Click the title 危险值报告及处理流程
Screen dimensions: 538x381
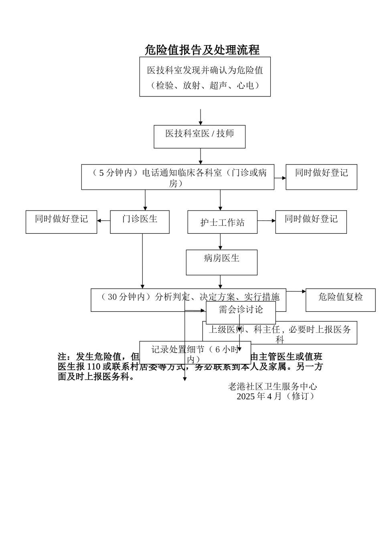coord(202,50)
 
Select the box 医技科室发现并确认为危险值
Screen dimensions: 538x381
coord(205,76)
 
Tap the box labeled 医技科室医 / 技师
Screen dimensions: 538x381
coord(199,137)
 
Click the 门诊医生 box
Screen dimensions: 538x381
coord(140,222)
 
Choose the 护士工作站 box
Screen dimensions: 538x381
coord(222,222)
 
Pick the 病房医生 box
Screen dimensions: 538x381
coord(221,262)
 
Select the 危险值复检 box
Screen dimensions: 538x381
coord(340,299)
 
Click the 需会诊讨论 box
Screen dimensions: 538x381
coord(241,312)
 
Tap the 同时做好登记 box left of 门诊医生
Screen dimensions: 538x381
coord(61,222)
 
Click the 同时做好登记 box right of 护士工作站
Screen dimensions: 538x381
coord(311,222)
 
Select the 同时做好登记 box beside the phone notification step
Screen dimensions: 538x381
coord(321,177)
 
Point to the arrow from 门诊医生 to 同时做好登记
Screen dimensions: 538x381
coord(103,221)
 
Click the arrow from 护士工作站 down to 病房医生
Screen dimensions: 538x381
coord(220,242)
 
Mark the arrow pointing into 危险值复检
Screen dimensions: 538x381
coord(296,291)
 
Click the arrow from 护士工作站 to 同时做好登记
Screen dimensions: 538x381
coord(266,221)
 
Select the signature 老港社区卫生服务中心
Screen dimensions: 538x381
coord(272,386)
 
